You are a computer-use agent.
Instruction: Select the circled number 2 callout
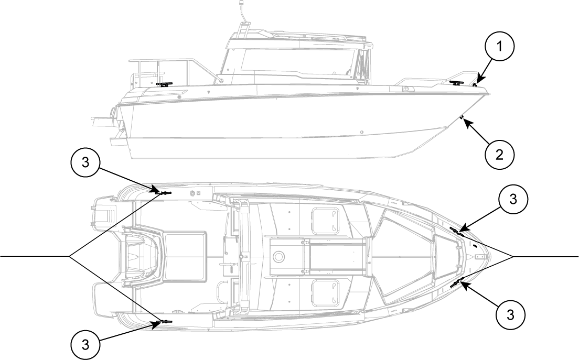(498, 153)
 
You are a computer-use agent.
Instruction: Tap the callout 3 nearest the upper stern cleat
(85, 163)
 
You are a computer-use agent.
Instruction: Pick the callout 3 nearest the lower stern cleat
(85, 344)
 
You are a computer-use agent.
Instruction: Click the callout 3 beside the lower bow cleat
(511, 314)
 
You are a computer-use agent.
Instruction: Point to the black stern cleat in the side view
(165, 84)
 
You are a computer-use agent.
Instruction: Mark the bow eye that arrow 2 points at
(462, 117)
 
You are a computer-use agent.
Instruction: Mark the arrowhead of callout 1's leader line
(475, 84)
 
